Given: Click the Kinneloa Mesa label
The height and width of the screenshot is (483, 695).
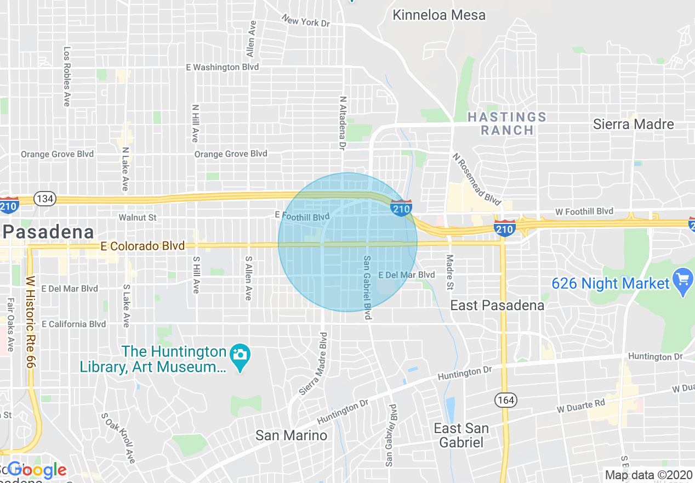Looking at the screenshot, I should pos(439,15).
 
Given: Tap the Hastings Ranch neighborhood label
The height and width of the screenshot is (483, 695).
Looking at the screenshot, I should pos(506,123).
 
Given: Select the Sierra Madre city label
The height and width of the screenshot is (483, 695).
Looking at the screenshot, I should pos(634,124).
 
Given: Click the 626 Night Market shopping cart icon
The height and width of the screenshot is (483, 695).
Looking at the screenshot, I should pos(682,283).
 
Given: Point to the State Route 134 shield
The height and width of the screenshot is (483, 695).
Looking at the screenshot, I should pos(43,198).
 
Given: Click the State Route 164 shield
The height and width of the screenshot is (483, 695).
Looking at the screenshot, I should pos(505,400).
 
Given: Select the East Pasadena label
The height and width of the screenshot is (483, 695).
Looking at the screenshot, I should pos(497,305).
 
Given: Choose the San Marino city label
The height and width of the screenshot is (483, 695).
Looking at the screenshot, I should pos(291,436).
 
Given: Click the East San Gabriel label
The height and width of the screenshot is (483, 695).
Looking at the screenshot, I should pos(461,435).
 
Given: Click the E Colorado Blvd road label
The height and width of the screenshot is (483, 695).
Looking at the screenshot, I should pos(143,246).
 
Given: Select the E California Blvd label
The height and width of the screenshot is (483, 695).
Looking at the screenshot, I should pos(73,324).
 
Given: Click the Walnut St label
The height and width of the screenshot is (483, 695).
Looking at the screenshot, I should pos(138,217).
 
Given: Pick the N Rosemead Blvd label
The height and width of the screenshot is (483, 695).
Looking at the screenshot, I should pos(476,178).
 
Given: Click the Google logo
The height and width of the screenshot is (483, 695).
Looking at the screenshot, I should pos(37,470).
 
